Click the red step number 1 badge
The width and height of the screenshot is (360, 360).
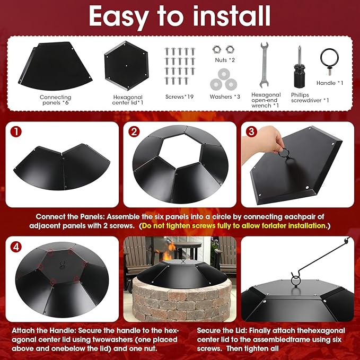(16, 132)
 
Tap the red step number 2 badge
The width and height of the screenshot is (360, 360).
(134, 132)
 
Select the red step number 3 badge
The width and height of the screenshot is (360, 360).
(251, 132)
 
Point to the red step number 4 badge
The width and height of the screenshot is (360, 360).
(16, 247)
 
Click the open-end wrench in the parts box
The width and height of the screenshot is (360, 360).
(264, 65)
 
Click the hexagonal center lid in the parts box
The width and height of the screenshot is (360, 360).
(126, 66)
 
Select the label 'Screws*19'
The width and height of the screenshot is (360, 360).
(179, 96)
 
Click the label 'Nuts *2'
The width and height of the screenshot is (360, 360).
(225, 60)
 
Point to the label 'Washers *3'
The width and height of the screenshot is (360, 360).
(225, 96)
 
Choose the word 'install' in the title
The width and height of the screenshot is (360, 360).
(231, 15)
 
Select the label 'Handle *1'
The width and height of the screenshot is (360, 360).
(330, 83)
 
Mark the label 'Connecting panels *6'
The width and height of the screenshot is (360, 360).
(55, 100)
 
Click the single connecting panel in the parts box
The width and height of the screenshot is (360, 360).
(55, 66)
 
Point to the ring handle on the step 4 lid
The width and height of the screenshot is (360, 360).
(62, 264)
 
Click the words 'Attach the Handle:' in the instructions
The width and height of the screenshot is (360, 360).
(43, 331)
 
